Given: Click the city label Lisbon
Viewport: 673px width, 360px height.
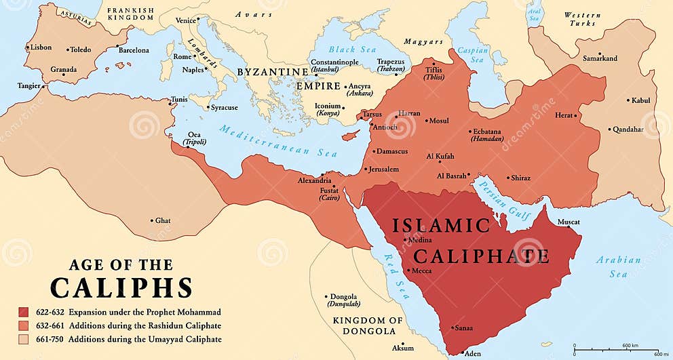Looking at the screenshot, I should click(x=41, y=48).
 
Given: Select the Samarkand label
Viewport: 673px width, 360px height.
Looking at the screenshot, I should click(x=600, y=58).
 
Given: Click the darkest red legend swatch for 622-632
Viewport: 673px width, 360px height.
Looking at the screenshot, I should click(x=24, y=313).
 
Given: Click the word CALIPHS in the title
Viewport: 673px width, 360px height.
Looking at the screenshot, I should click(x=121, y=287).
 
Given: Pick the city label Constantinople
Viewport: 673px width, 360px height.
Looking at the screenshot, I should click(x=334, y=62).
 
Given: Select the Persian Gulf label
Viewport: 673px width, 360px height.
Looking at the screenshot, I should click(x=499, y=197).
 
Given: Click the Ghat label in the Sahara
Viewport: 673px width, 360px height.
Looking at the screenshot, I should click(x=163, y=220).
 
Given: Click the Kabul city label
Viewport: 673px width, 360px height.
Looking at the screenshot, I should click(x=640, y=100).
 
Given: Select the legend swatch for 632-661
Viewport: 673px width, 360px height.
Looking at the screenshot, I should click(x=24, y=325).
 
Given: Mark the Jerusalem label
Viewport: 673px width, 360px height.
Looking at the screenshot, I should click(x=383, y=169).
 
